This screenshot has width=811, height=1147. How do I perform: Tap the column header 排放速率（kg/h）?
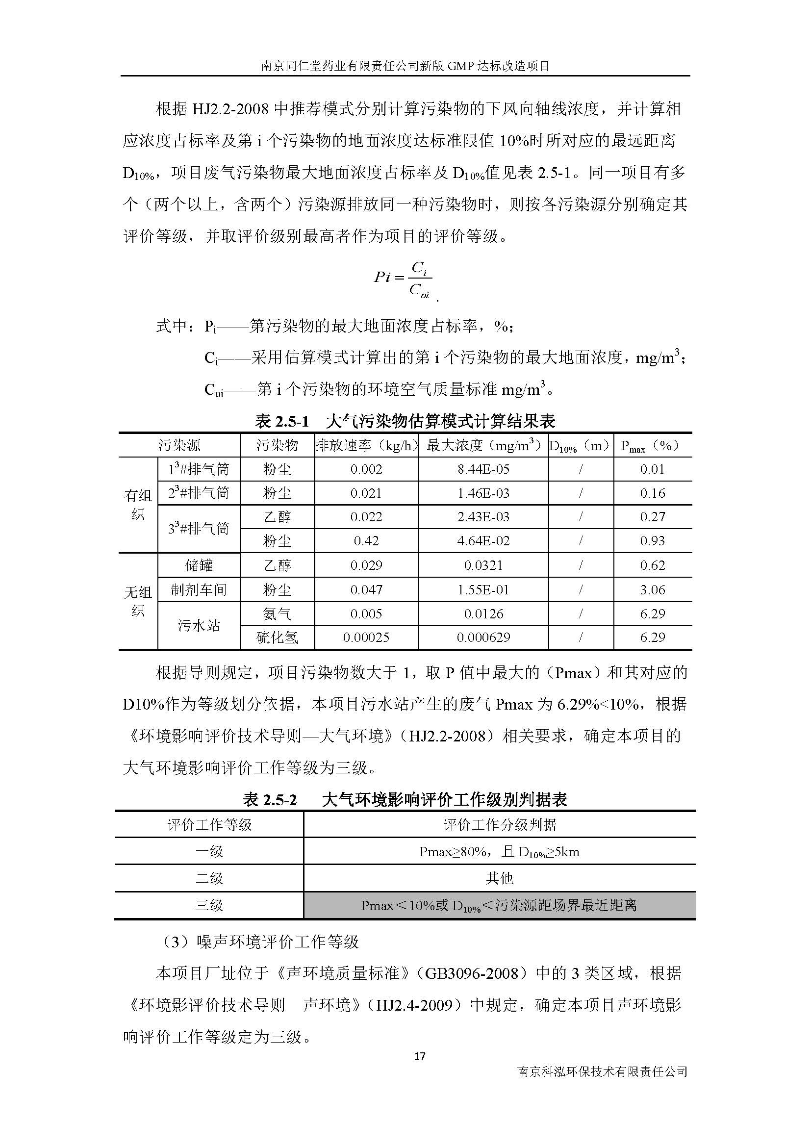tap(366, 445)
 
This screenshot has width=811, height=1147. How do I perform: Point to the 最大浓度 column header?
tap(483, 445)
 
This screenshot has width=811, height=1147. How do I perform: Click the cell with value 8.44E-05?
tap(483, 469)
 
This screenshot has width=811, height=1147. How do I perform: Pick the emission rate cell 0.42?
tap(366, 540)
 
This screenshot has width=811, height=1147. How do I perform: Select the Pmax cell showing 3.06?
tap(652, 589)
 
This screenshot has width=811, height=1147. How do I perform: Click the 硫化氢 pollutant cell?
tap(277, 637)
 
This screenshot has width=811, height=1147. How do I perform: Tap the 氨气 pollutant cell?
tap(277, 613)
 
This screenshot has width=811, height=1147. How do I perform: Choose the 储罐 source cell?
tap(199, 565)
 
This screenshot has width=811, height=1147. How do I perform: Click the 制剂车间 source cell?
tap(199, 589)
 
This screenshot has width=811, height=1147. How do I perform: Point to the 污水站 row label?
tap(199, 625)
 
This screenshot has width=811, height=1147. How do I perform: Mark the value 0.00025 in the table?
tap(366, 637)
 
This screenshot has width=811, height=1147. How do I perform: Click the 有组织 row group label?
tap(138, 505)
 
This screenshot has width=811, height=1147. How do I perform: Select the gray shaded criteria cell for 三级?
tap(499, 905)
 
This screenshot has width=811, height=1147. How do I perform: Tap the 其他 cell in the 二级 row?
tap(499, 878)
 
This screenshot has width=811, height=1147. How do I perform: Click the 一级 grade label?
tap(209, 851)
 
